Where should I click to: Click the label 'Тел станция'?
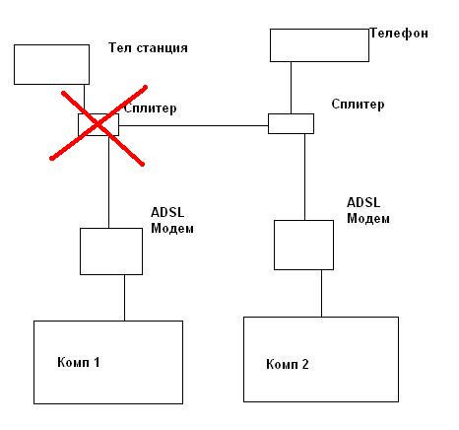tap(148, 48)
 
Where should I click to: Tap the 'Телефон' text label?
tap(399, 34)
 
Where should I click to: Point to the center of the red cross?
tap(98, 124)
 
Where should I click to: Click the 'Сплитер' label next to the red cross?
tap(151, 108)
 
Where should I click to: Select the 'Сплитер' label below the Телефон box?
tap(358, 105)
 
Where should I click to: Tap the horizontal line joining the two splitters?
tap(193, 125)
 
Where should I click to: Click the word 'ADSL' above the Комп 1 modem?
tap(167, 212)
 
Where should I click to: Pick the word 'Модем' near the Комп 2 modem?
tap(368, 219)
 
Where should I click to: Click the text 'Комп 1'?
tap(79, 362)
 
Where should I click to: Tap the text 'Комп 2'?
tap(288, 364)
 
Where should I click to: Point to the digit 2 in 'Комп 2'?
tap(305, 364)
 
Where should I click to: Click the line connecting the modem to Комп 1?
tap(124, 298)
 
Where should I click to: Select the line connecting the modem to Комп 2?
tap(321, 293)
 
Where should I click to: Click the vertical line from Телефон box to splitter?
tap(291, 88)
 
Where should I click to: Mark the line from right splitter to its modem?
tap(304, 177)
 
